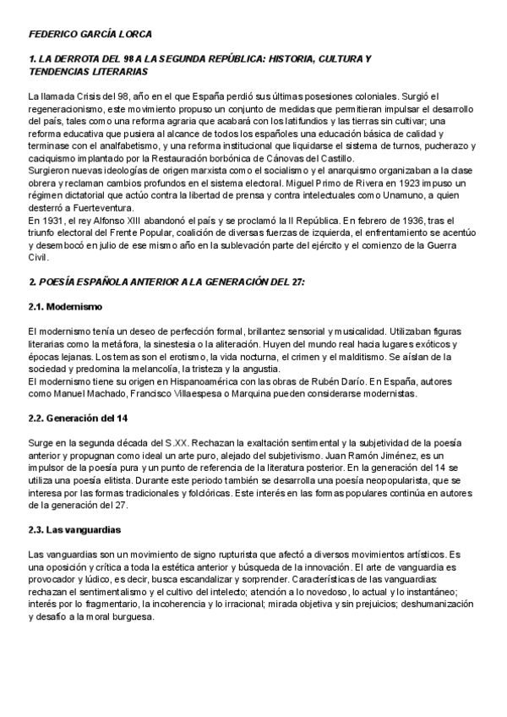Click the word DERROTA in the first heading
79,60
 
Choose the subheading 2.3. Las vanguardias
74,530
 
